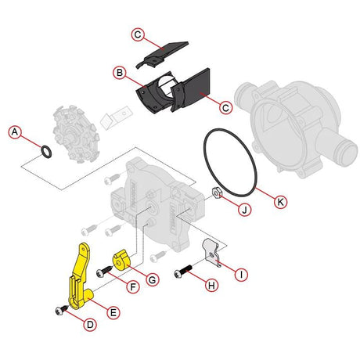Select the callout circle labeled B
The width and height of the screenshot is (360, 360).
point(120,73)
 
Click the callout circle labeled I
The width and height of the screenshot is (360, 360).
point(242,274)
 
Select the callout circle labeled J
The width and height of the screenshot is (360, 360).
point(244,209)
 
